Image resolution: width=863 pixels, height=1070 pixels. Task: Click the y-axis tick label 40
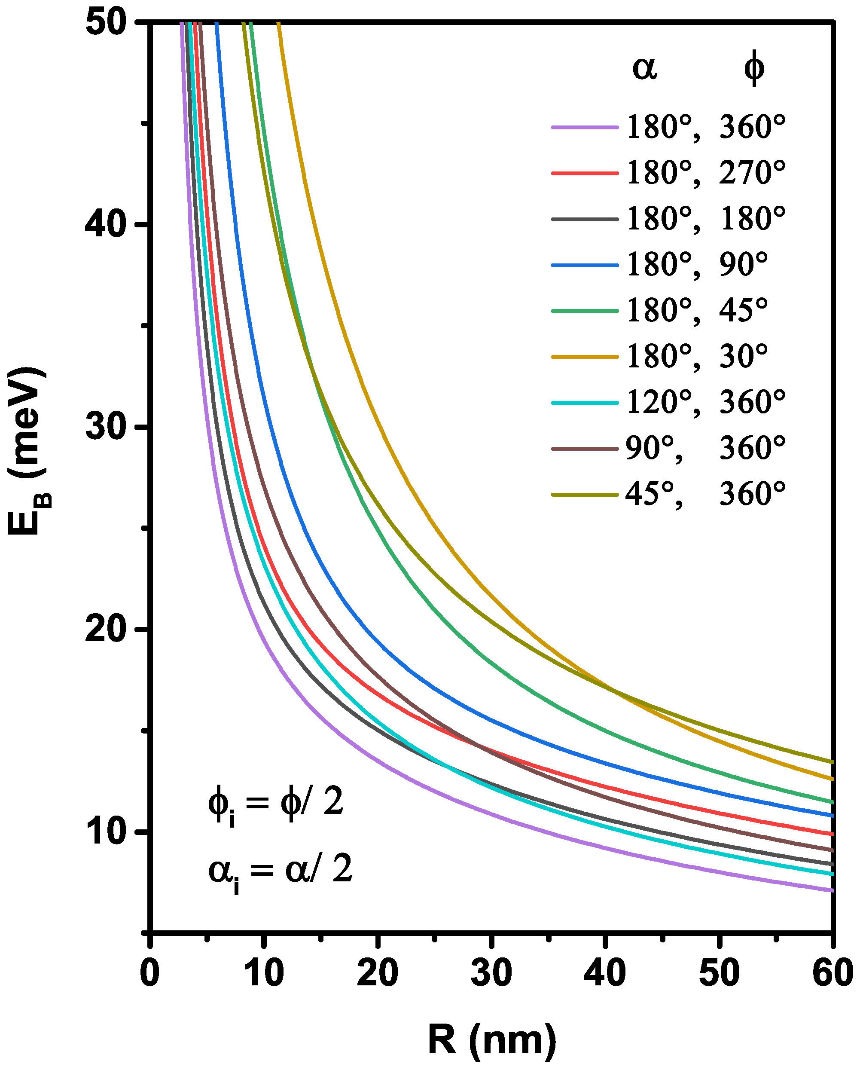coord(104,225)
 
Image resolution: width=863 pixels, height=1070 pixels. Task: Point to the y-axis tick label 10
coord(104,832)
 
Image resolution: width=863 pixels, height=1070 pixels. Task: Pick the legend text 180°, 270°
coord(706,173)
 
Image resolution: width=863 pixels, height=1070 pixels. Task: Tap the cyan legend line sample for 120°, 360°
coord(585,402)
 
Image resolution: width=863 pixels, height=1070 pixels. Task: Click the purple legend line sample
coord(585,127)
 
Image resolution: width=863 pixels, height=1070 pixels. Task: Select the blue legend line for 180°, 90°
coord(585,265)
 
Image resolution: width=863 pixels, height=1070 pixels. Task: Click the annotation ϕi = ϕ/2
coord(276,804)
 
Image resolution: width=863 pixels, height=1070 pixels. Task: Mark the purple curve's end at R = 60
coord(831,890)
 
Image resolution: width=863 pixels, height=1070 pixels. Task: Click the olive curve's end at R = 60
coord(831,762)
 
